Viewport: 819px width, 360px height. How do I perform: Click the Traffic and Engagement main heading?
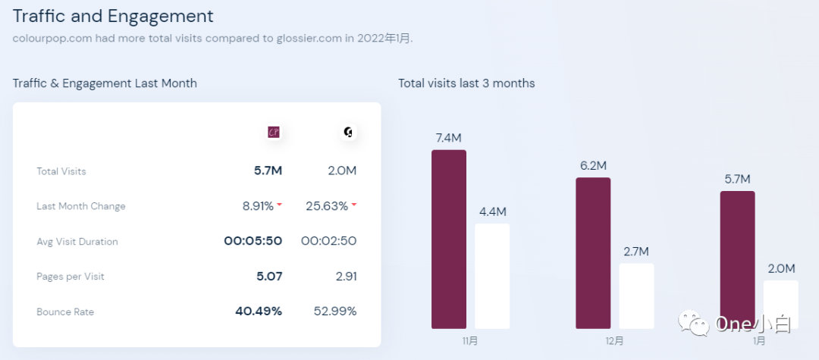113,16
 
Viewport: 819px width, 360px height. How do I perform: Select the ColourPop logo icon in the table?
275,132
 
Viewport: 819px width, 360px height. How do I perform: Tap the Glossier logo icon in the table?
348,132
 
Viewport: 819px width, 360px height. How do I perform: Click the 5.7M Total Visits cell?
268,171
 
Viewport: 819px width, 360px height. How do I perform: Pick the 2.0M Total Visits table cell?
342,171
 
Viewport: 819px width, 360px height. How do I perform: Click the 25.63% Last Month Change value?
327,206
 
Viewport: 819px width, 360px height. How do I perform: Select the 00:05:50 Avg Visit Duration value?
253,241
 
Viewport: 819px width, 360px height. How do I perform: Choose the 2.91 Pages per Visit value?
346,277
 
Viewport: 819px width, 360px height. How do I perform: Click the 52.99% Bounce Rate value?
335,311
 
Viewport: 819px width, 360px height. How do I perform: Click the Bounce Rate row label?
65,311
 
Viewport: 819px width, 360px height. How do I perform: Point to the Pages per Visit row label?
71,277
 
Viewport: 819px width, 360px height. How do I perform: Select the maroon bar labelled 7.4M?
449,239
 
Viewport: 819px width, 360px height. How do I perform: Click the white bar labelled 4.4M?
492,276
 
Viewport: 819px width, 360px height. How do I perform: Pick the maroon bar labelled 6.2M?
593,253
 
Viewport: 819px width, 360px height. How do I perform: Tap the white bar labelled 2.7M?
636,296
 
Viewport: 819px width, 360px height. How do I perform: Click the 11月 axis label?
470,341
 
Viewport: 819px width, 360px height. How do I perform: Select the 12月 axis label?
614,341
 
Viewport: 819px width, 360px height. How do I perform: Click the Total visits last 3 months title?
466,83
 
